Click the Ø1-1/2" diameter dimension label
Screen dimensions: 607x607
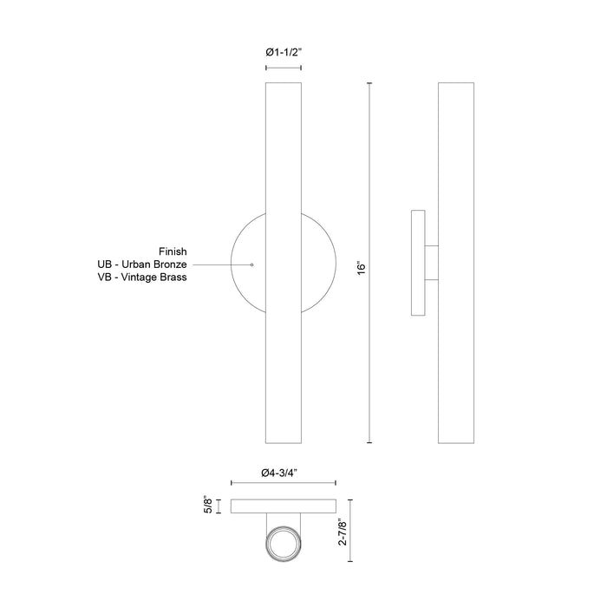[284, 53]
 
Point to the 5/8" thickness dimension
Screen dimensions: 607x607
[206, 504]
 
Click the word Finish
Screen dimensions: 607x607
[173, 250]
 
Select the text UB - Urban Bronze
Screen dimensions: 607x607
[143, 264]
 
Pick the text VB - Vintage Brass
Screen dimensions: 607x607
[143, 277]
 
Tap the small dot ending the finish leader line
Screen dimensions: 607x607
[251, 263]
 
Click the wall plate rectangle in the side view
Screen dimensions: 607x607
[418, 263]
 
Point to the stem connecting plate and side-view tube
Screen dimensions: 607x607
[432, 263]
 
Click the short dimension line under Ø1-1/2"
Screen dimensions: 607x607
[284, 67]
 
